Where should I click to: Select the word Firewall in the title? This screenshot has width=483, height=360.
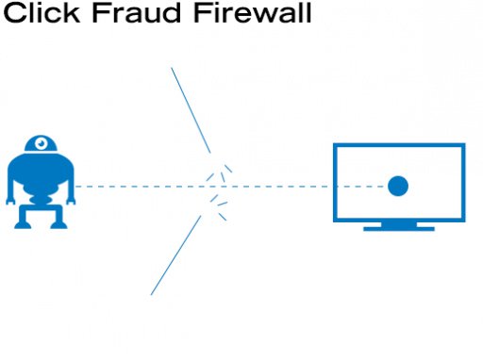240,14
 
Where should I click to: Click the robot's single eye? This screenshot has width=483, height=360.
42,143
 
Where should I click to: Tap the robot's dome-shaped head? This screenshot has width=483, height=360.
42,145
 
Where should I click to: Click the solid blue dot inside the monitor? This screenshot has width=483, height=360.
398,186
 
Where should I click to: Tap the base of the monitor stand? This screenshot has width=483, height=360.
398,227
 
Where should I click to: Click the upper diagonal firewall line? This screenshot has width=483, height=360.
190,108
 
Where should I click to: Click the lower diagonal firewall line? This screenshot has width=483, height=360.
176,254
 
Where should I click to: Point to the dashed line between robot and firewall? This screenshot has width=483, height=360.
142,186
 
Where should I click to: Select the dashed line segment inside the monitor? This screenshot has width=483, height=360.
363,186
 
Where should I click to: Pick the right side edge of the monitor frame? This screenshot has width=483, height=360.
463,183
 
